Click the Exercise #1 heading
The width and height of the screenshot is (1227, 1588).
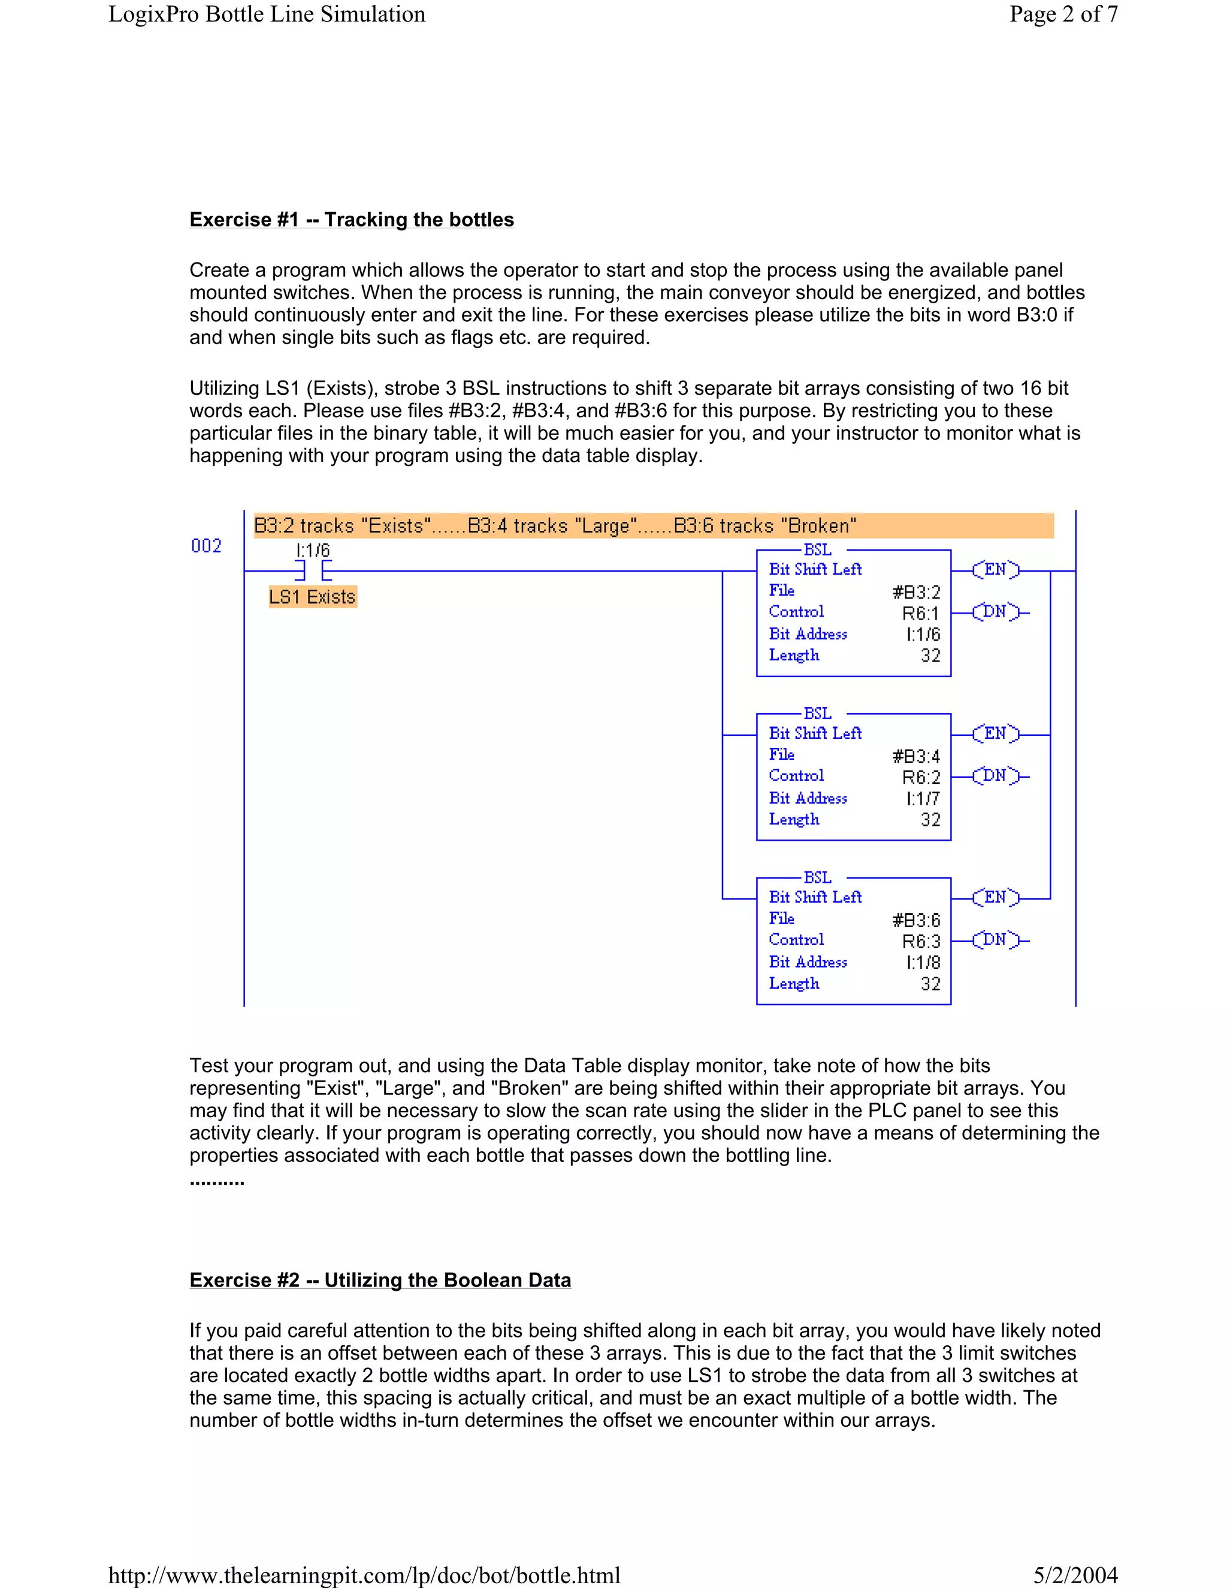pos(352,219)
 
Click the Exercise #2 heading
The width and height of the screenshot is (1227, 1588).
pos(380,1280)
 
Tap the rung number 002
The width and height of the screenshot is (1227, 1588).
pos(207,546)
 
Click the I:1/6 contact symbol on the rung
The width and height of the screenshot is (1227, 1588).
pos(313,570)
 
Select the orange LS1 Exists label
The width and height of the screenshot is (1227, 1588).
pos(313,597)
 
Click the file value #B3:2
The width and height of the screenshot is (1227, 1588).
pos(916,593)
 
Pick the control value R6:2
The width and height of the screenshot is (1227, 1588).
pos(921,777)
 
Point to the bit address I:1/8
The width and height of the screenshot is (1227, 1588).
pos(923,963)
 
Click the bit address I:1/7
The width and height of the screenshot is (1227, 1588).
pos(923,798)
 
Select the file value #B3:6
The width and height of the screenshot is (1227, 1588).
pos(916,920)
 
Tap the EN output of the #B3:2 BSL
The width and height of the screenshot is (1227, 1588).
pos(996,569)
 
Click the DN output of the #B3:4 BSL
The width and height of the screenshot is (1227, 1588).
pos(995,776)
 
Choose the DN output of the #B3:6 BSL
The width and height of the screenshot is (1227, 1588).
pos(995,940)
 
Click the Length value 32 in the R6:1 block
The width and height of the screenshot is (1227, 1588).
pos(930,656)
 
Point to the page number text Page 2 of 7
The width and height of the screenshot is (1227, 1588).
pos(1063,14)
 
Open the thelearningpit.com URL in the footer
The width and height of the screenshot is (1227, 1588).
pos(364,1575)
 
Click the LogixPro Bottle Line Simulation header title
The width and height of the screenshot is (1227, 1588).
pos(267,14)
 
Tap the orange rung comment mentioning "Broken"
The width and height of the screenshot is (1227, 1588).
pos(653,526)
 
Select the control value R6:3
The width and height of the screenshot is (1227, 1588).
pos(921,941)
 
